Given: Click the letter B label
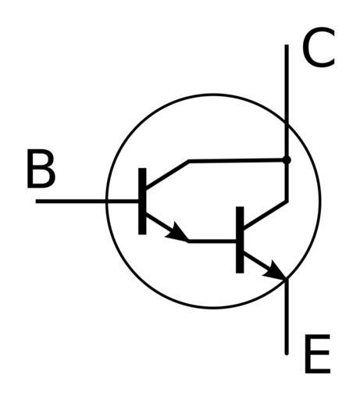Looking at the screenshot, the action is pyautogui.click(x=41, y=169).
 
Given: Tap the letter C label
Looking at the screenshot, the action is pyautogui.click(x=318, y=47).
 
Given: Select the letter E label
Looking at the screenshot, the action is pyautogui.click(x=317, y=353).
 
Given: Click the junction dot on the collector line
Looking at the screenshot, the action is pyautogui.click(x=287, y=160).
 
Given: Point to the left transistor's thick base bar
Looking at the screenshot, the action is pyautogui.click(x=142, y=201).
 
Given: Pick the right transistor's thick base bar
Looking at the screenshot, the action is pyautogui.click(x=240, y=240).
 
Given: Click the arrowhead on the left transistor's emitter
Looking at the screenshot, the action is pyautogui.click(x=177, y=232).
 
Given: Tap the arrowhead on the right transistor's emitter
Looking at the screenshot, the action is pyautogui.click(x=275, y=270).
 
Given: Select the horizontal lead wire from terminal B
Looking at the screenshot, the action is pyautogui.click(x=87, y=202).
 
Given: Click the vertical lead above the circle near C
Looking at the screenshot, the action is pyautogui.click(x=287, y=84).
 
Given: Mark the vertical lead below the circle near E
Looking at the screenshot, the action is pyautogui.click(x=287, y=316).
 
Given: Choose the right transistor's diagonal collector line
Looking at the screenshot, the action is pyautogui.click(x=266, y=215).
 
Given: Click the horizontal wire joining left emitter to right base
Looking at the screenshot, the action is pyautogui.click(x=212, y=241).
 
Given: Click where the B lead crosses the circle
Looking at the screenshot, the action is pyautogui.click(x=106, y=202).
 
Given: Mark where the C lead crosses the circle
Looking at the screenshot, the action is pyautogui.click(x=287, y=122).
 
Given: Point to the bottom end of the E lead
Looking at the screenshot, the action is pyautogui.click(x=287, y=354).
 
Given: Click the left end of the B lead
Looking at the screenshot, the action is pyautogui.click(x=36, y=202).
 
